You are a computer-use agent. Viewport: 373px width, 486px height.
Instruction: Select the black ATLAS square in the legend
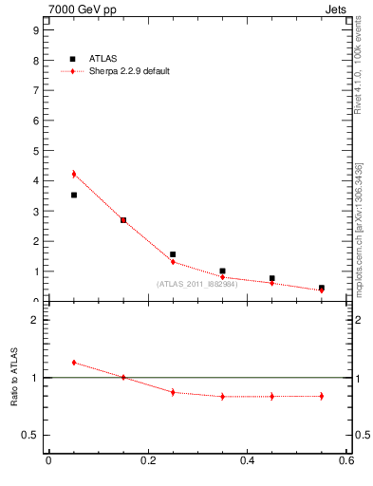[73, 59]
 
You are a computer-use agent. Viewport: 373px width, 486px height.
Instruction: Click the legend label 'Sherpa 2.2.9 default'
[129, 71]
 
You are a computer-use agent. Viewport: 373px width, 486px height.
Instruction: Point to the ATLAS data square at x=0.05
[73, 195]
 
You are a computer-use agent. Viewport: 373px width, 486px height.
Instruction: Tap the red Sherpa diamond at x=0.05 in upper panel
[73, 174]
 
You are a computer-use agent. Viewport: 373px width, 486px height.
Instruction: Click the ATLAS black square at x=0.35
[222, 271]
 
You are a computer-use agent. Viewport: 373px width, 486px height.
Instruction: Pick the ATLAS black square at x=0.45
[272, 278]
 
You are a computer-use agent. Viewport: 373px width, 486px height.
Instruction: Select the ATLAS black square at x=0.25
[173, 254]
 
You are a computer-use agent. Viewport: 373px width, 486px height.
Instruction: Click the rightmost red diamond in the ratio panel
[322, 396]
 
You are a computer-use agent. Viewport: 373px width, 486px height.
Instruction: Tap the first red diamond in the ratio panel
[73, 363]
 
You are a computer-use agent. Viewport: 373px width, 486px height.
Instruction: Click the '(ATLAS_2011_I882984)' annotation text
[196, 284]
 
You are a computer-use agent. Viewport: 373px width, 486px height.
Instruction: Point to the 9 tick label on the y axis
[35, 29]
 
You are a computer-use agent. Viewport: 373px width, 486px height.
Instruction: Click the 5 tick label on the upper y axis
[35, 150]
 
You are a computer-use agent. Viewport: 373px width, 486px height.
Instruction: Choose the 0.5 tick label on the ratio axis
[31, 436]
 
